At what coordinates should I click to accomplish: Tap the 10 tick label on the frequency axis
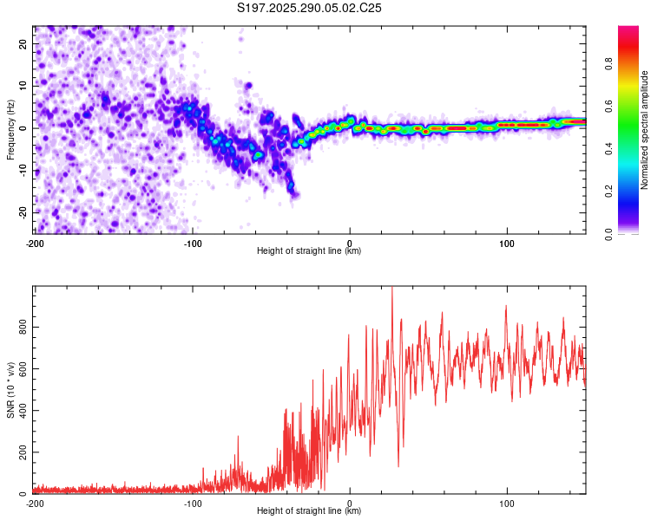tap(23, 86)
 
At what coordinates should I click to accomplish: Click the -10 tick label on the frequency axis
tap(22, 170)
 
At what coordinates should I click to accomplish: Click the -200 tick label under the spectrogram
tap(35, 244)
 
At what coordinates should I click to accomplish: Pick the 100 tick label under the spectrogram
tap(507, 244)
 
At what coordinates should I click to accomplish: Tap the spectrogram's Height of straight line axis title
tap(309, 251)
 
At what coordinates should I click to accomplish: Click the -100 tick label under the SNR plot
tap(193, 504)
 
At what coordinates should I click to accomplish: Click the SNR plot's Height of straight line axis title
tap(309, 511)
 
